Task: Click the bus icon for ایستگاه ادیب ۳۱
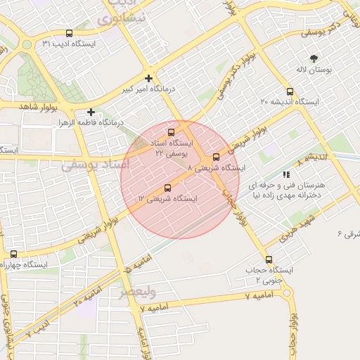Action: point(69,33)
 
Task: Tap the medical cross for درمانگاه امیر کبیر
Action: point(148,78)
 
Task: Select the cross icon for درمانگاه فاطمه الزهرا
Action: point(91,112)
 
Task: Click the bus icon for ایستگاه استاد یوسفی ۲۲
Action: point(171,132)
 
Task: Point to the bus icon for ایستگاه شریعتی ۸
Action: point(216,157)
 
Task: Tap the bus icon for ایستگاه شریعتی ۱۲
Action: point(167,188)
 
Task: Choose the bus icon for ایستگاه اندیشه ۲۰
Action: point(290,91)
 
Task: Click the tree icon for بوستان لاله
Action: point(314,58)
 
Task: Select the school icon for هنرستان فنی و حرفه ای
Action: point(285,174)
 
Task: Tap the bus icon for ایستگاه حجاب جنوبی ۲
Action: point(269,259)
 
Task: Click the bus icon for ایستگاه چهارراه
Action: point(13,254)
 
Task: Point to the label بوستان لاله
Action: point(314,71)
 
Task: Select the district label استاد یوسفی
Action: point(96,165)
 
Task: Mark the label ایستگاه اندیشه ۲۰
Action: point(290,103)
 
